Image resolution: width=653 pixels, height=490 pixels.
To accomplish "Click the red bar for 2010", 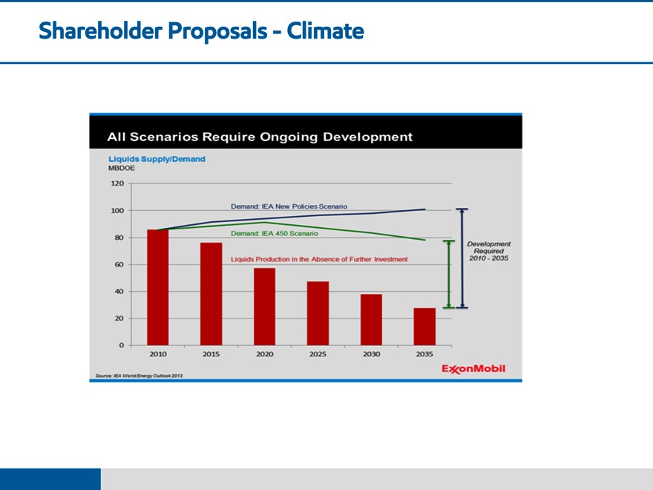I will coord(157,287).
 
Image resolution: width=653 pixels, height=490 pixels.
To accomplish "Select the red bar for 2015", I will coord(211,294).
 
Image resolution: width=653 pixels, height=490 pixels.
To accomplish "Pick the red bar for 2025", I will coord(318,313).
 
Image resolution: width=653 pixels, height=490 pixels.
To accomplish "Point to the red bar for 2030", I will coord(371,319).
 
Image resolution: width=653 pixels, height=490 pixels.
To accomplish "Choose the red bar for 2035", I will coord(424,327).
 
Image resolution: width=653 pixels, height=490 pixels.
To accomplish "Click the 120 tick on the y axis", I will coord(117,183).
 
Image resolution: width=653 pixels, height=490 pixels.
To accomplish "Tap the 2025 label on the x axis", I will coord(318,354).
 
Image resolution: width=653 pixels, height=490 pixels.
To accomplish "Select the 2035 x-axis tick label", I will coord(424,354).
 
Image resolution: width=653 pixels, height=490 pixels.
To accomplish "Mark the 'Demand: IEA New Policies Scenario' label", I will coord(289,206).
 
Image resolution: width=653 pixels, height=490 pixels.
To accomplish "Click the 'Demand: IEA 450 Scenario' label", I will coord(275,233).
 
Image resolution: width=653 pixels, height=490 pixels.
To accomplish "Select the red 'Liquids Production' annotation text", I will coord(319,259).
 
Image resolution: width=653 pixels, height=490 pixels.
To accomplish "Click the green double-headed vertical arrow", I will coord(448,274).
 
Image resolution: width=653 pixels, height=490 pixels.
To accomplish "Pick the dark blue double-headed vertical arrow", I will coord(462,258).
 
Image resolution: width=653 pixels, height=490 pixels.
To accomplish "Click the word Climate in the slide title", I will coord(325,31).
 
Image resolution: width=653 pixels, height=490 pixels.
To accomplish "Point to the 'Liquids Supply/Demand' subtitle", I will coord(157,159).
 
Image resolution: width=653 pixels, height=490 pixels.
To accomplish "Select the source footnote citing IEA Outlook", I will coord(137,376).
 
